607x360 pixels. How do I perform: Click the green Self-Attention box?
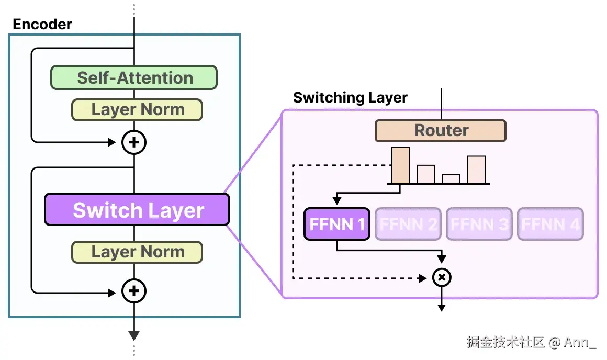[x=134, y=77]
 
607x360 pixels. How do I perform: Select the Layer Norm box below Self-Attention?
[x=137, y=110]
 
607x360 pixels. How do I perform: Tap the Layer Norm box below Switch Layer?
[x=137, y=252]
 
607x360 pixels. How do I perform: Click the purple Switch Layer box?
[x=137, y=210]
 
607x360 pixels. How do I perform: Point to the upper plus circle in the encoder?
[x=134, y=142]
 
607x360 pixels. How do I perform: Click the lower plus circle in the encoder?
[x=134, y=290]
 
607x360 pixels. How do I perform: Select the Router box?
[x=441, y=131]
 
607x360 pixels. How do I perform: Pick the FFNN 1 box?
[x=337, y=224]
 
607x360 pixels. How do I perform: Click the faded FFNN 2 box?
[x=408, y=224]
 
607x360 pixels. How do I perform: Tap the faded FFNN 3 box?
[x=479, y=224]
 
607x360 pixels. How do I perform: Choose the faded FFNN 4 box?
[x=550, y=224]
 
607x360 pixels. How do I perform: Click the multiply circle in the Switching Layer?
[x=442, y=277]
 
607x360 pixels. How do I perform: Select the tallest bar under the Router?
[x=401, y=165]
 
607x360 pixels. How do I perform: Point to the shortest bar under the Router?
[x=451, y=179]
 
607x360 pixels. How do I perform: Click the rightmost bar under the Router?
[x=476, y=170]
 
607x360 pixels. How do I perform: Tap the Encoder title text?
[x=42, y=24]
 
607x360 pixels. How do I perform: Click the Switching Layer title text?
[x=350, y=98]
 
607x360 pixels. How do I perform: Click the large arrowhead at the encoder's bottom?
[x=134, y=335]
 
